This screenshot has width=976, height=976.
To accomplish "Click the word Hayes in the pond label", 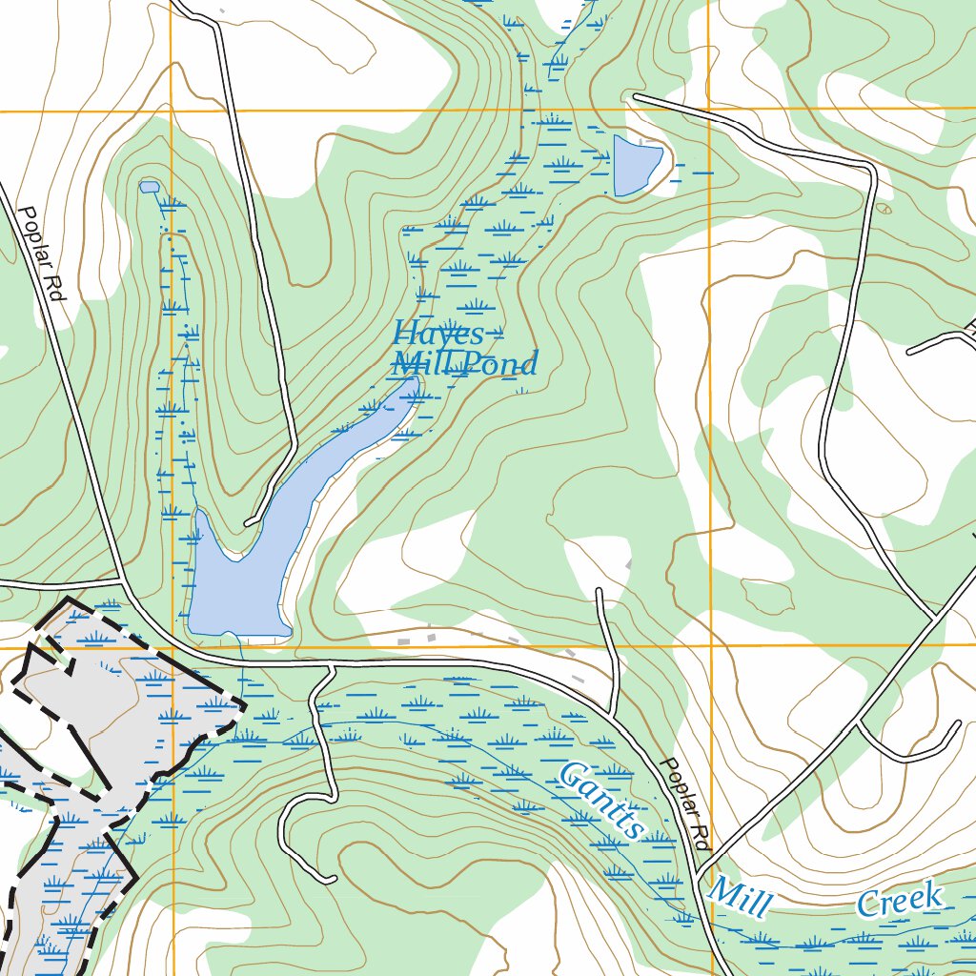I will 438,335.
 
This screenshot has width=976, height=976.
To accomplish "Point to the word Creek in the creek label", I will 901,901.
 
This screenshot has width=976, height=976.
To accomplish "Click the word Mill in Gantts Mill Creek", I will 740,897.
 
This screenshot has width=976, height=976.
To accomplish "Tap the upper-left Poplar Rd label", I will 41,255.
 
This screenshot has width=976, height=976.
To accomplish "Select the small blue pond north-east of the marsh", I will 635,163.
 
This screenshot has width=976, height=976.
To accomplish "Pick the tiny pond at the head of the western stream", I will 149,187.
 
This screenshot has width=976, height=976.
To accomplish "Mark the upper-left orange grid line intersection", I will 173,112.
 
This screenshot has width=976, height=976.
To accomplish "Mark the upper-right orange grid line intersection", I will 709,110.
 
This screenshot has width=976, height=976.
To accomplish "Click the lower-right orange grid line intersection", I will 711,645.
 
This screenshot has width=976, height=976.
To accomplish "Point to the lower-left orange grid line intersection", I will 173,648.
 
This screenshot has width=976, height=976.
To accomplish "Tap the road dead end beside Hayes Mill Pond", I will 248,522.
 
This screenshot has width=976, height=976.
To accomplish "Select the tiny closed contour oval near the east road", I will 884,208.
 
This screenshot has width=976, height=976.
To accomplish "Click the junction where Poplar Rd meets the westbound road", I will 122,579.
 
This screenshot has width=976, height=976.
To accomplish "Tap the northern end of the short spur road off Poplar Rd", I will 599,591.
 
